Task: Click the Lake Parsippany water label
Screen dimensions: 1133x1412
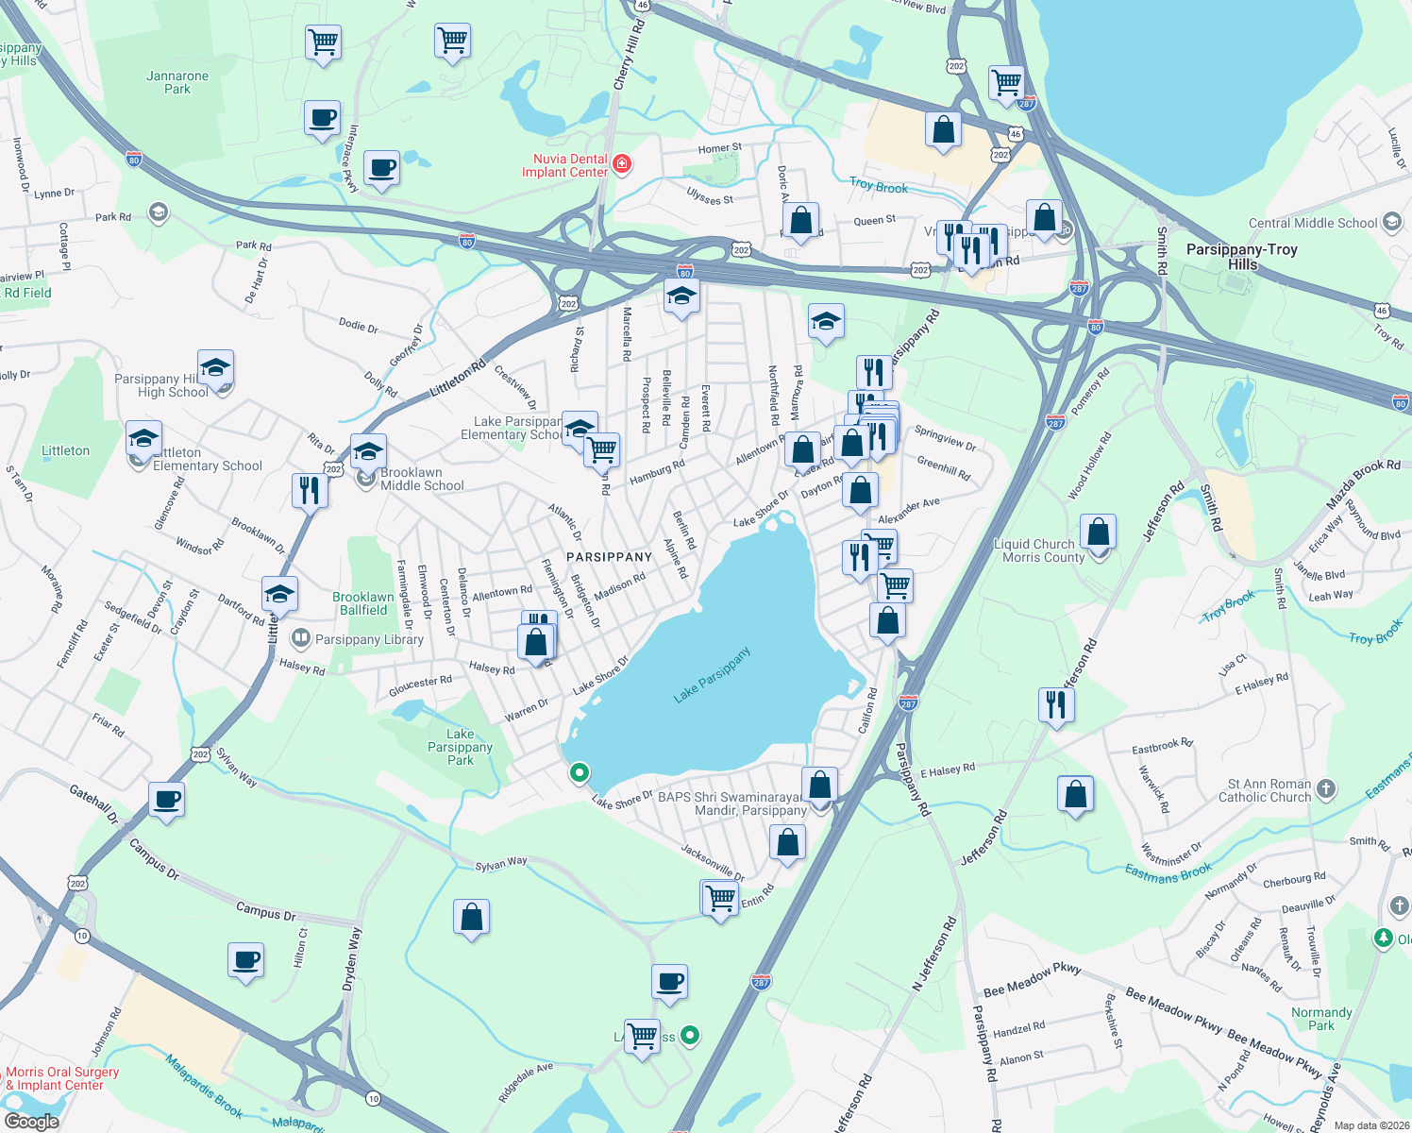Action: pos(713,675)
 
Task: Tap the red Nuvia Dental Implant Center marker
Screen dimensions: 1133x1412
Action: pos(621,165)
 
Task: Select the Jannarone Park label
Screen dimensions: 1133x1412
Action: pos(177,82)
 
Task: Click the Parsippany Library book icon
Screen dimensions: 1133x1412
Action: pos(301,638)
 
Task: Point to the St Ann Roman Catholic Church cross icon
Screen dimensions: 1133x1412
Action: pos(1325,789)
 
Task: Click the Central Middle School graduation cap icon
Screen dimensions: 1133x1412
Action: pos(1391,223)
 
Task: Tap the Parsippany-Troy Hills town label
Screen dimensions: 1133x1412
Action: pos(1241,257)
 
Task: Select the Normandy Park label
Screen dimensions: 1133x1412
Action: pos(1321,1019)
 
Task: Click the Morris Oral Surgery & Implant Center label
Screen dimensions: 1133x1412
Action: pos(62,1078)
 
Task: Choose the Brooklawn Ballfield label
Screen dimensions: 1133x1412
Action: pos(363,603)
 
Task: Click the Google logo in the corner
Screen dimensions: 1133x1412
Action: pos(31,1121)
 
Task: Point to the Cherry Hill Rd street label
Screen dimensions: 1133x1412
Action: pos(628,57)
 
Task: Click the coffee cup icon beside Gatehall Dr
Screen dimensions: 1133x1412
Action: pos(167,801)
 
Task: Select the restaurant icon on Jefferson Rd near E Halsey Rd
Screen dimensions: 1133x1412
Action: pos(1055,704)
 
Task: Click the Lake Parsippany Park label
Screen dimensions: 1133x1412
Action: pos(460,747)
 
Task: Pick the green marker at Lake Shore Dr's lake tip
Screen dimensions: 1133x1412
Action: pos(579,772)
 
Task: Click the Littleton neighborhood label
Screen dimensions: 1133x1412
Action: pos(65,450)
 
